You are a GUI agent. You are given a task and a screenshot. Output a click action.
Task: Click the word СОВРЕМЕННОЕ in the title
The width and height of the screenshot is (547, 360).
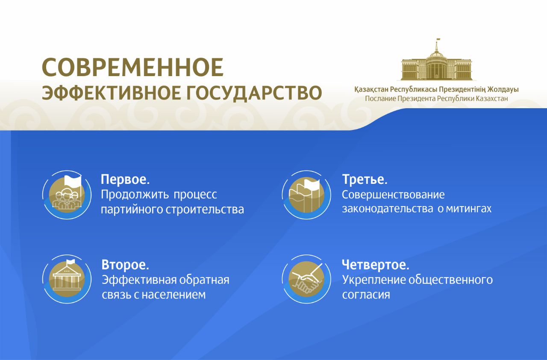click(x=132, y=67)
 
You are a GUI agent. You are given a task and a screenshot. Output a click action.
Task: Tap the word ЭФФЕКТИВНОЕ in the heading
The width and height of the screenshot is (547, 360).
click(x=112, y=93)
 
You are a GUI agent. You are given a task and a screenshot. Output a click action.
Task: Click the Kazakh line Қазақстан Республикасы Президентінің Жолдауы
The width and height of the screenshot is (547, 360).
click(x=436, y=90)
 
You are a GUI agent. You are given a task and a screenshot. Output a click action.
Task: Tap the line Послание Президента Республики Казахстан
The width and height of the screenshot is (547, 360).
click(x=436, y=99)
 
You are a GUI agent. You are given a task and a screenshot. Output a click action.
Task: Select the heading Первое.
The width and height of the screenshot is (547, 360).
click(x=125, y=180)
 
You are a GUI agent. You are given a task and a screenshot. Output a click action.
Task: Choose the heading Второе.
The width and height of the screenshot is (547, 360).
click(x=125, y=265)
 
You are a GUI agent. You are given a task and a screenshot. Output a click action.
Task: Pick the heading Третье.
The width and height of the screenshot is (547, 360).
click(x=365, y=179)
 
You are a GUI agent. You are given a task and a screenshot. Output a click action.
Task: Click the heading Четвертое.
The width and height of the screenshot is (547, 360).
click(x=376, y=265)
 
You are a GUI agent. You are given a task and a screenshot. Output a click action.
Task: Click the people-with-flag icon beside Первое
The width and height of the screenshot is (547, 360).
click(x=67, y=195)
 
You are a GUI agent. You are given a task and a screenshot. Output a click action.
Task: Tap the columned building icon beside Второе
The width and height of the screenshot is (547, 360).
click(x=67, y=279)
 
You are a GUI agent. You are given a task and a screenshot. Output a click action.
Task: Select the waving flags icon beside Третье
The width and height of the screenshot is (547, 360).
click(x=306, y=195)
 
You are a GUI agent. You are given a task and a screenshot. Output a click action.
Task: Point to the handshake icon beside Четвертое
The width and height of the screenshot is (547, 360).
click(x=306, y=279)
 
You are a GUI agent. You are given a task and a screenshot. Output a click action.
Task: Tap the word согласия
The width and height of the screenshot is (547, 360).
click(x=366, y=295)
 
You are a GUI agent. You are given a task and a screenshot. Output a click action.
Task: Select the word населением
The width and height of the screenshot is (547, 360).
click(x=174, y=295)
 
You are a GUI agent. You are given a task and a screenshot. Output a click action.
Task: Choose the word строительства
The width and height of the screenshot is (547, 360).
click(x=205, y=210)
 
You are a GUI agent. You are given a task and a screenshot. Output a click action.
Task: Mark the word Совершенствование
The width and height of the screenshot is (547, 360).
click(x=393, y=195)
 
